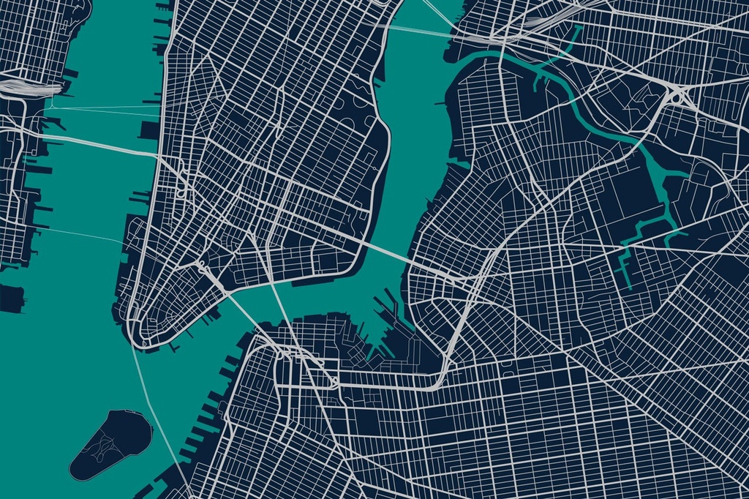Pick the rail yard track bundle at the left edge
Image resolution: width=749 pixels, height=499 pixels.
tap(29, 88)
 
